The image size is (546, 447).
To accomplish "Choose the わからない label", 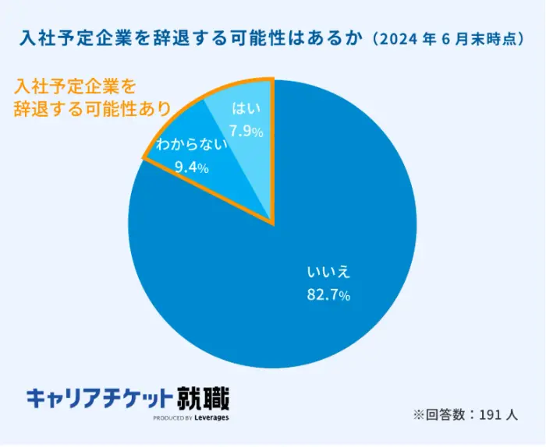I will [x=191, y=144].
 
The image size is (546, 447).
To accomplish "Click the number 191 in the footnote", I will [x=487, y=415].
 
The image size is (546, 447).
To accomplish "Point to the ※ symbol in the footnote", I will [x=418, y=415].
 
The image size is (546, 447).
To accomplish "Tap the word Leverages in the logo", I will [x=212, y=418].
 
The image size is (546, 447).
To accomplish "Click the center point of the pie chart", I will [x=272, y=224].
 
